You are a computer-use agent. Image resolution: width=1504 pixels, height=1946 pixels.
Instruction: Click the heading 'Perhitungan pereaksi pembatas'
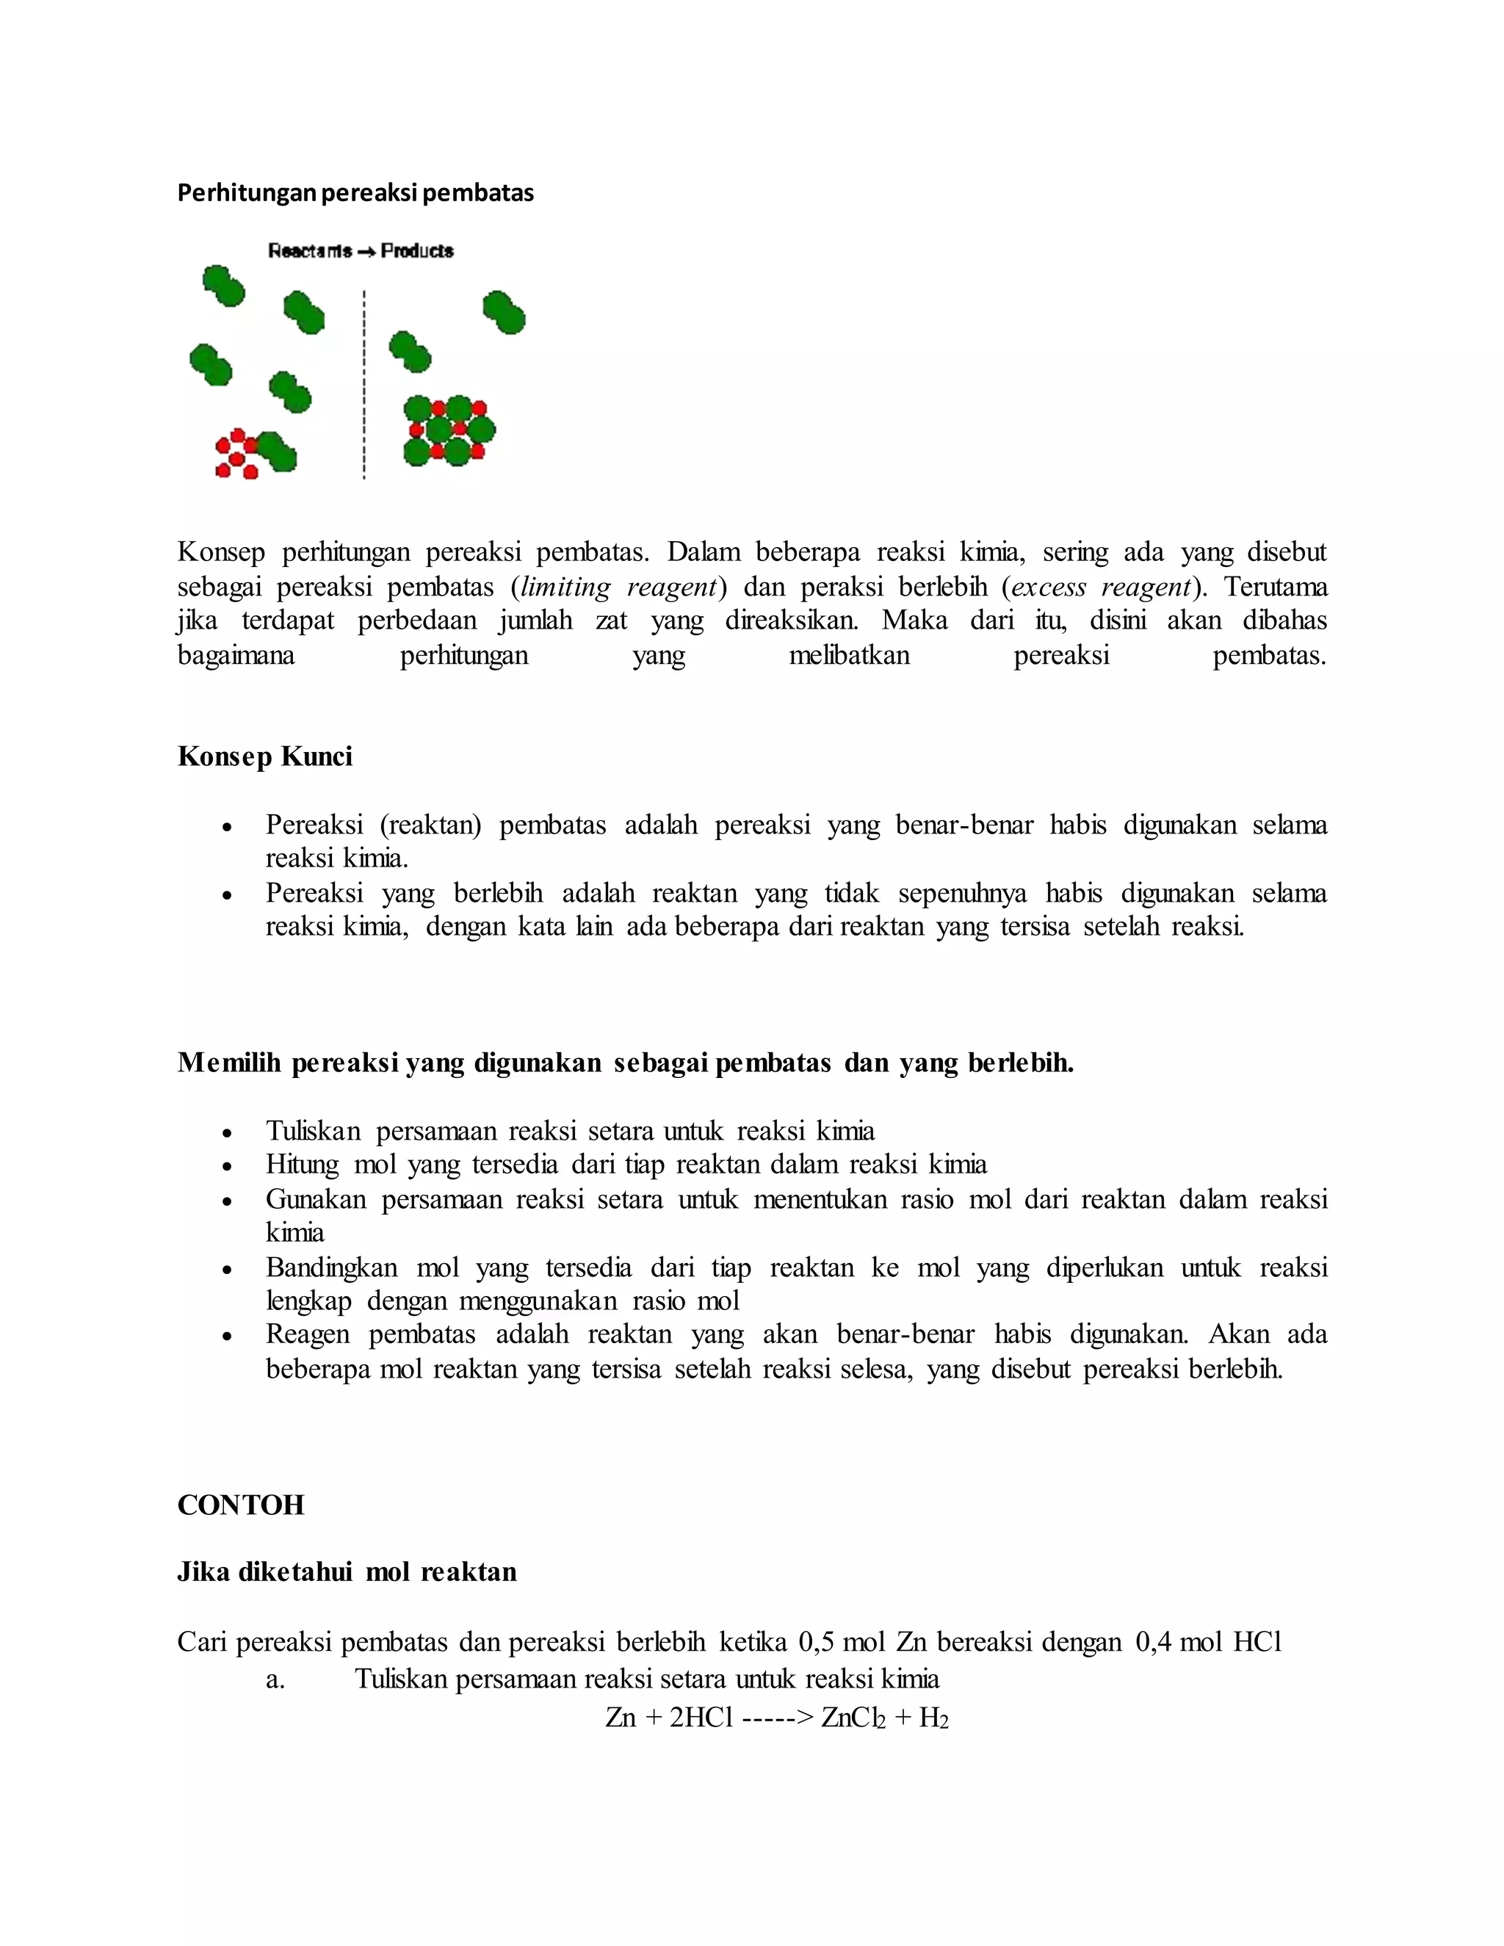point(355,192)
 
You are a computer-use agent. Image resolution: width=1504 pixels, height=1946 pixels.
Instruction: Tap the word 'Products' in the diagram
point(417,251)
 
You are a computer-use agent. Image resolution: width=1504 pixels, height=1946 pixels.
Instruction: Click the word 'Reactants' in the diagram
point(310,251)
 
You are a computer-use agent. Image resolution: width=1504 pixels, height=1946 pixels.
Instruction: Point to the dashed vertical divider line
point(364,383)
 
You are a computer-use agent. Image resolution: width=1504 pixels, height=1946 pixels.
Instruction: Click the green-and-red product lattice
point(448,431)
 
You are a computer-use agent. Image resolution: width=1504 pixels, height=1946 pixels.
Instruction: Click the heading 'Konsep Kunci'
point(264,756)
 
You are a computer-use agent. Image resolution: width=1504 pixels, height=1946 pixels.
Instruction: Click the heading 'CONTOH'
point(241,1505)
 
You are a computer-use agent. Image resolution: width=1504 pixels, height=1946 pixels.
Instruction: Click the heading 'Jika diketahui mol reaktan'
point(347,1571)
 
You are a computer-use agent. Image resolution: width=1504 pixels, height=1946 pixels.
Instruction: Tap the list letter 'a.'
point(275,1679)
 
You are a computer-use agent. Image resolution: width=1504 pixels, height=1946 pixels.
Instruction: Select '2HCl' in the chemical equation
point(701,1718)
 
